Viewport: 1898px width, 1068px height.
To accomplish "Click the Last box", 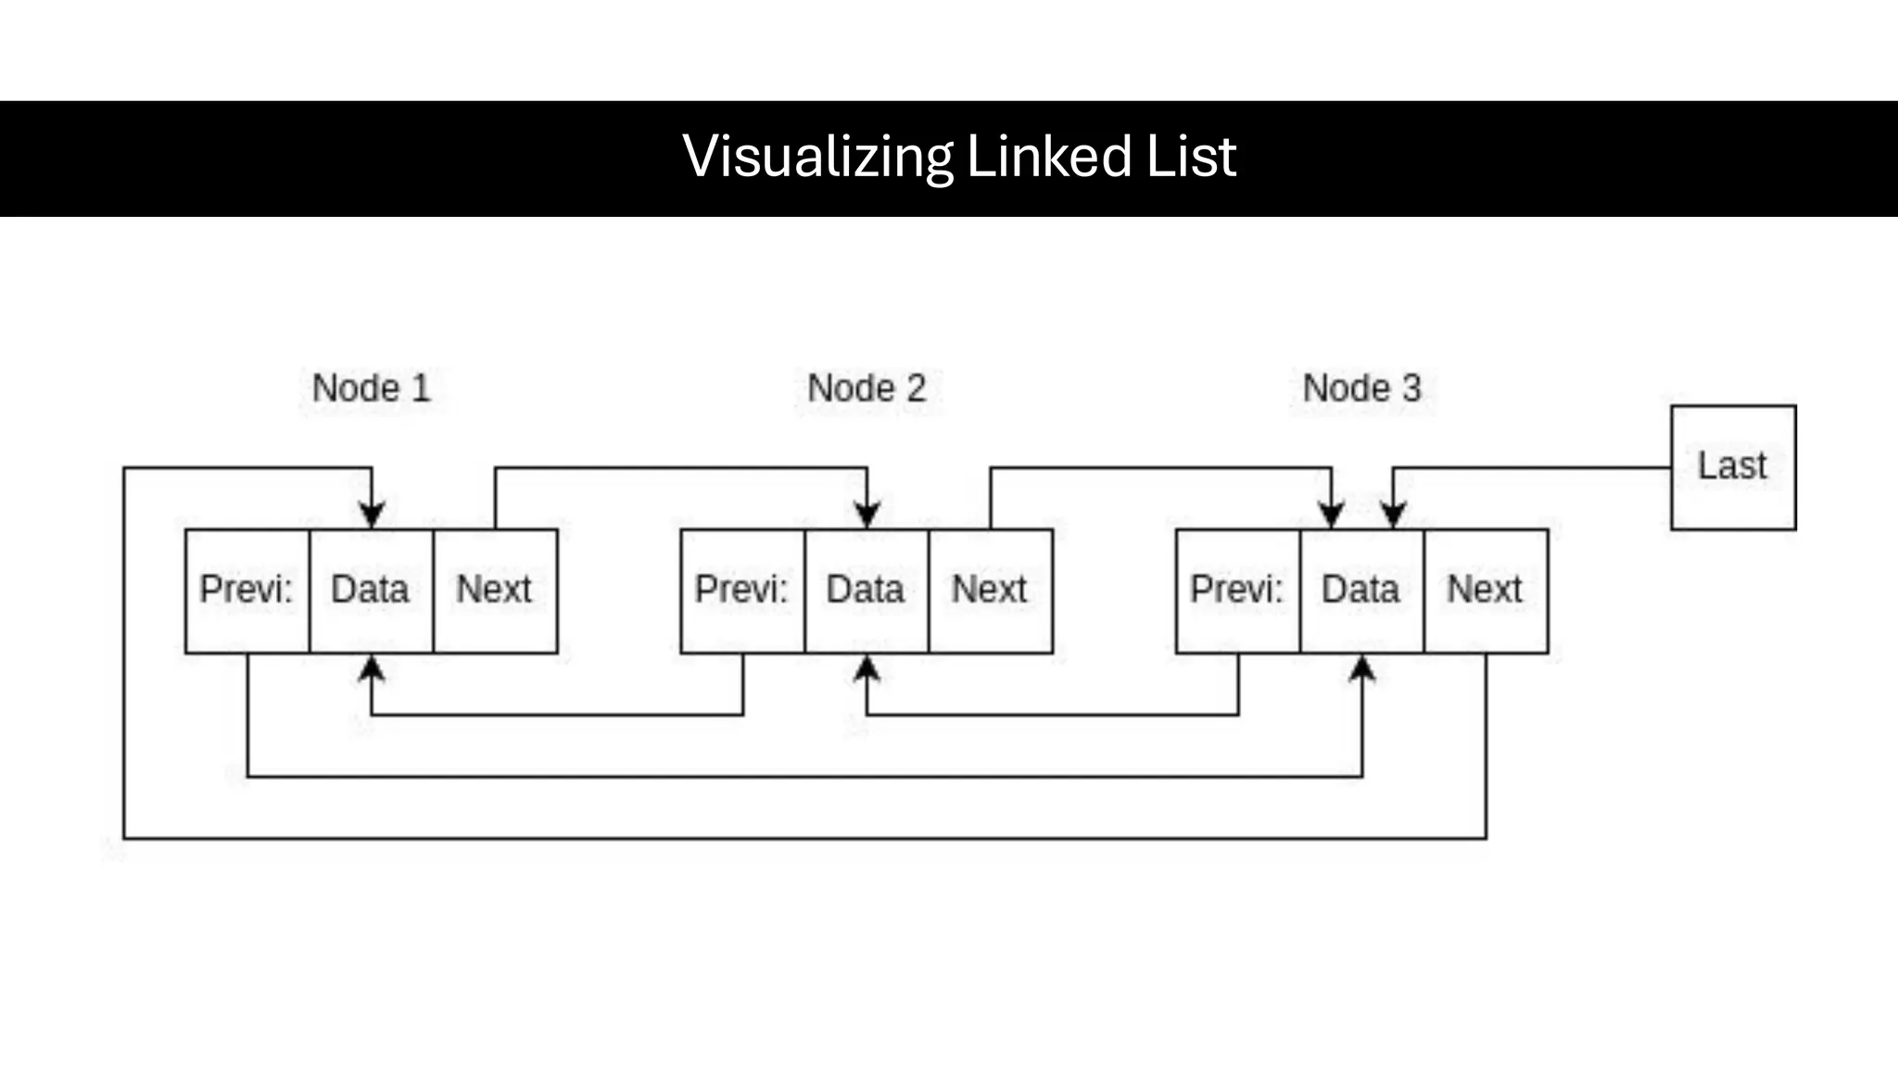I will pos(1732,467).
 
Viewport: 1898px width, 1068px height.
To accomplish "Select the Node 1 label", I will pos(371,388).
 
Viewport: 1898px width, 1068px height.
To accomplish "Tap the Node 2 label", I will pos(867,388).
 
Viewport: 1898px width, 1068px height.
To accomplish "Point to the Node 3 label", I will pos(1361,388).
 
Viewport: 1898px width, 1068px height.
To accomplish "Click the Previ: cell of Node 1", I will pos(247,591).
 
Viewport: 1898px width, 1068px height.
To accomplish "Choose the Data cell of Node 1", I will pos(371,591).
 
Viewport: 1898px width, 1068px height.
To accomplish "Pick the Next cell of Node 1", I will pos(495,591).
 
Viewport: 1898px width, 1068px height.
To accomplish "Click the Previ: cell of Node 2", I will pos(742,591).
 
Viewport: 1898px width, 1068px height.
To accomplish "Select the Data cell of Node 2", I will pos(867,591).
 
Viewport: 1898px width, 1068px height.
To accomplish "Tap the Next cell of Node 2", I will pos(990,591).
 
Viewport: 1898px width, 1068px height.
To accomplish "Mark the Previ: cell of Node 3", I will pos(1237,591).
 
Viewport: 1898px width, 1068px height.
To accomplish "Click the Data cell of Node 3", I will pos(1361,591).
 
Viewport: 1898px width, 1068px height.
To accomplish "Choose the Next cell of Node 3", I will pos(1486,591).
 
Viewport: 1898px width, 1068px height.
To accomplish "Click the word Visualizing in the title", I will pos(817,156).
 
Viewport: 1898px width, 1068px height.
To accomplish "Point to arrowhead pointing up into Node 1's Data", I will pos(372,669).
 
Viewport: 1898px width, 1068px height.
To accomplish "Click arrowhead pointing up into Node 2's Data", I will pos(867,669).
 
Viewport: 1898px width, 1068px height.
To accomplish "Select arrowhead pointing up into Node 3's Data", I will pos(1361,669).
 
